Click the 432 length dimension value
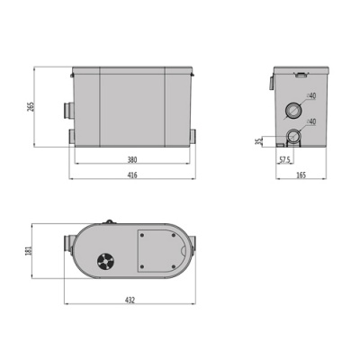click(131, 304)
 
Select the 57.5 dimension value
click(284, 160)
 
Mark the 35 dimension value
click(257, 141)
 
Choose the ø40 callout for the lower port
click(311, 122)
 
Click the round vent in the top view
click(105, 261)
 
